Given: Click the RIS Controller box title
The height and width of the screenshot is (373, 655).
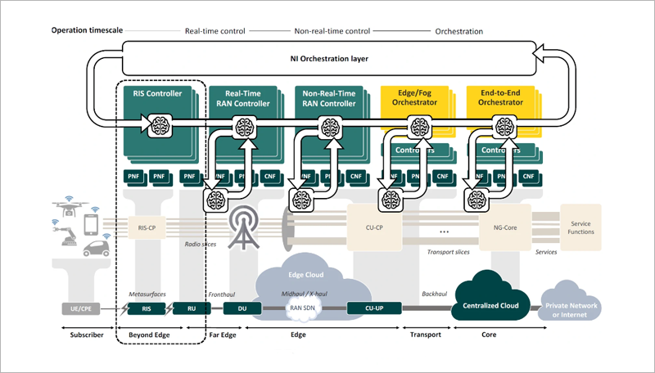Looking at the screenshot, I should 157,94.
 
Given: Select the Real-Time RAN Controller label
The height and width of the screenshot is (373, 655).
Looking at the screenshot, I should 242,99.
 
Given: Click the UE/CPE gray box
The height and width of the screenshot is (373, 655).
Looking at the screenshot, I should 81,308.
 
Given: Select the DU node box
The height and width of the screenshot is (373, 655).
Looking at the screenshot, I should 242,308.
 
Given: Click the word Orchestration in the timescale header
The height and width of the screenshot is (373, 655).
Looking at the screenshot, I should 458,31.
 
